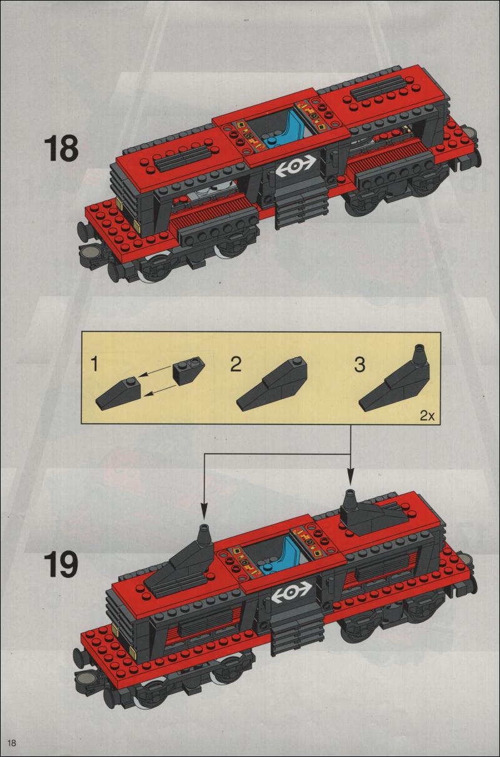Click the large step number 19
tap(61, 565)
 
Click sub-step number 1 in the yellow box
tap(95, 364)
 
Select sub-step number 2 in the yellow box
tap(236, 364)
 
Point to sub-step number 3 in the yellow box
tap(359, 364)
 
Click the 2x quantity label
tap(427, 416)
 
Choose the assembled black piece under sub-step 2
tap(272, 384)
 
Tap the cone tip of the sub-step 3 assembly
tap(421, 347)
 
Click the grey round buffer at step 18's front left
tap(91, 252)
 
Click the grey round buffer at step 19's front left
tap(84, 678)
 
